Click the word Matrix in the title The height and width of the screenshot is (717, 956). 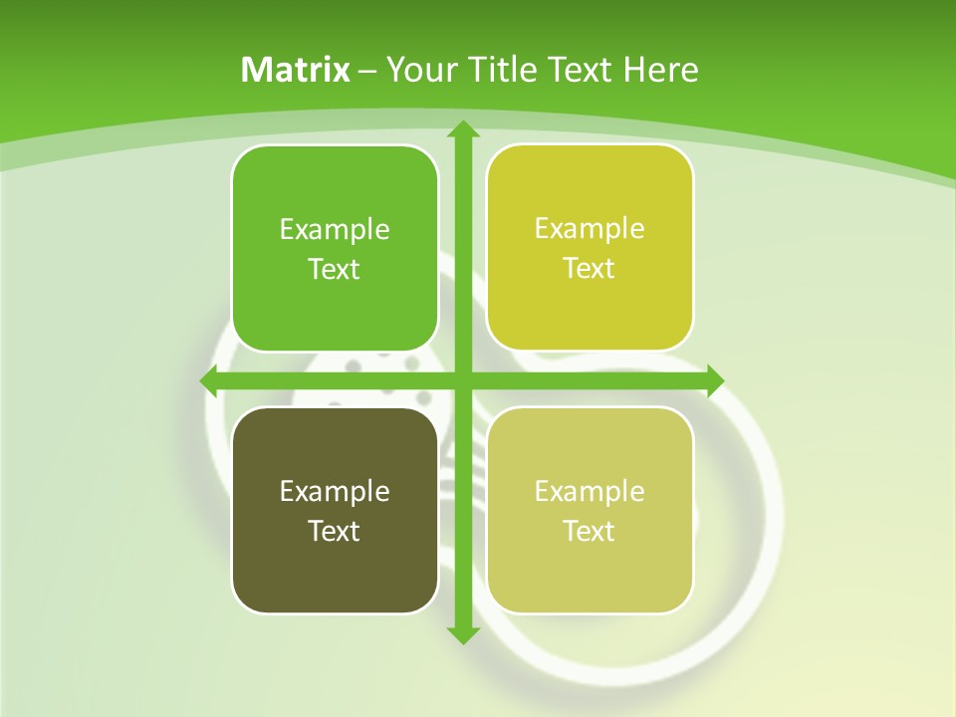296,70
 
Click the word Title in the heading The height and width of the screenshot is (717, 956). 502,70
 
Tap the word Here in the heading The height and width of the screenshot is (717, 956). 660,70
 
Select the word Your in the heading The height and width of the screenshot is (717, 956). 422,70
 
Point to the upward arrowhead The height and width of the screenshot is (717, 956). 462,130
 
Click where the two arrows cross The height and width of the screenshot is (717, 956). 462,380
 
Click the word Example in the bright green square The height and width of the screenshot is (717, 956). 335,230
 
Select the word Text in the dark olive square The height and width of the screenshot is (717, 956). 334,531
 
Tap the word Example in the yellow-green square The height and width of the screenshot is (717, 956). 590,229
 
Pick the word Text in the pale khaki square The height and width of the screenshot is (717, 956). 590,531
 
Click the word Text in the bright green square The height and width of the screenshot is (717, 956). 334,269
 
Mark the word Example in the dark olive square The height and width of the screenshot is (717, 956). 335,491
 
